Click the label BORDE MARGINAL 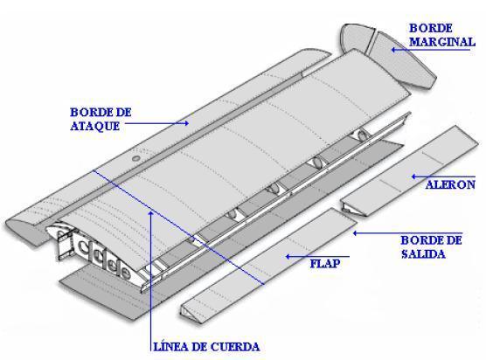pyautogui.click(x=442, y=35)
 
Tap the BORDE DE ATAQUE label pyautogui.click(x=101, y=120)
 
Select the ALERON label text pyautogui.click(x=450, y=184)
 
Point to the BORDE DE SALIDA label pyautogui.click(x=431, y=247)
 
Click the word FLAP pyautogui.click(x=325, y=264)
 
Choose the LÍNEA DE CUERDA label pyautogui.click(x=206, y=347)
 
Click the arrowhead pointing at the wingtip pyautogui.click(x=393, y=50)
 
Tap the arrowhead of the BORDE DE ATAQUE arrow pyautogui.click(x=185, y=123)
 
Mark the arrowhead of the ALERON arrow pyautogui.click(x=414, y=177)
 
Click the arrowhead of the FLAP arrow pyautogui.click(x=288, y=257)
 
